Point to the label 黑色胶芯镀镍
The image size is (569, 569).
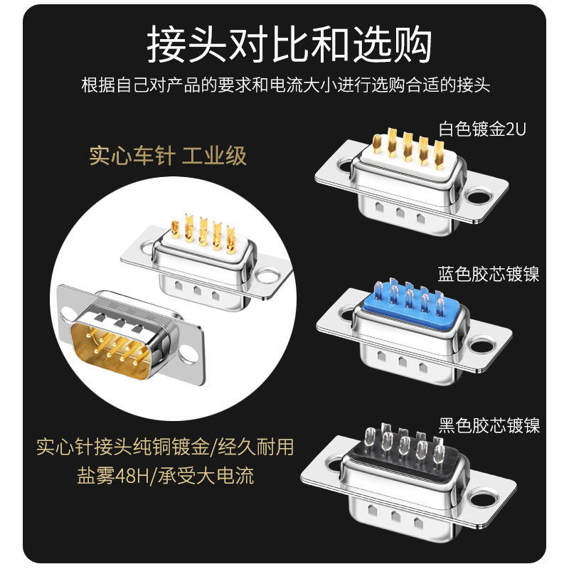[x=489, y=425]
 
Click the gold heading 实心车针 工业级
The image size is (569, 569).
[x=168, y=156]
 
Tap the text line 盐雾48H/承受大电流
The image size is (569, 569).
[x=165, y=475]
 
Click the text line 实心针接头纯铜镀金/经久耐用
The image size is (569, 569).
[x=165, y=447]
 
